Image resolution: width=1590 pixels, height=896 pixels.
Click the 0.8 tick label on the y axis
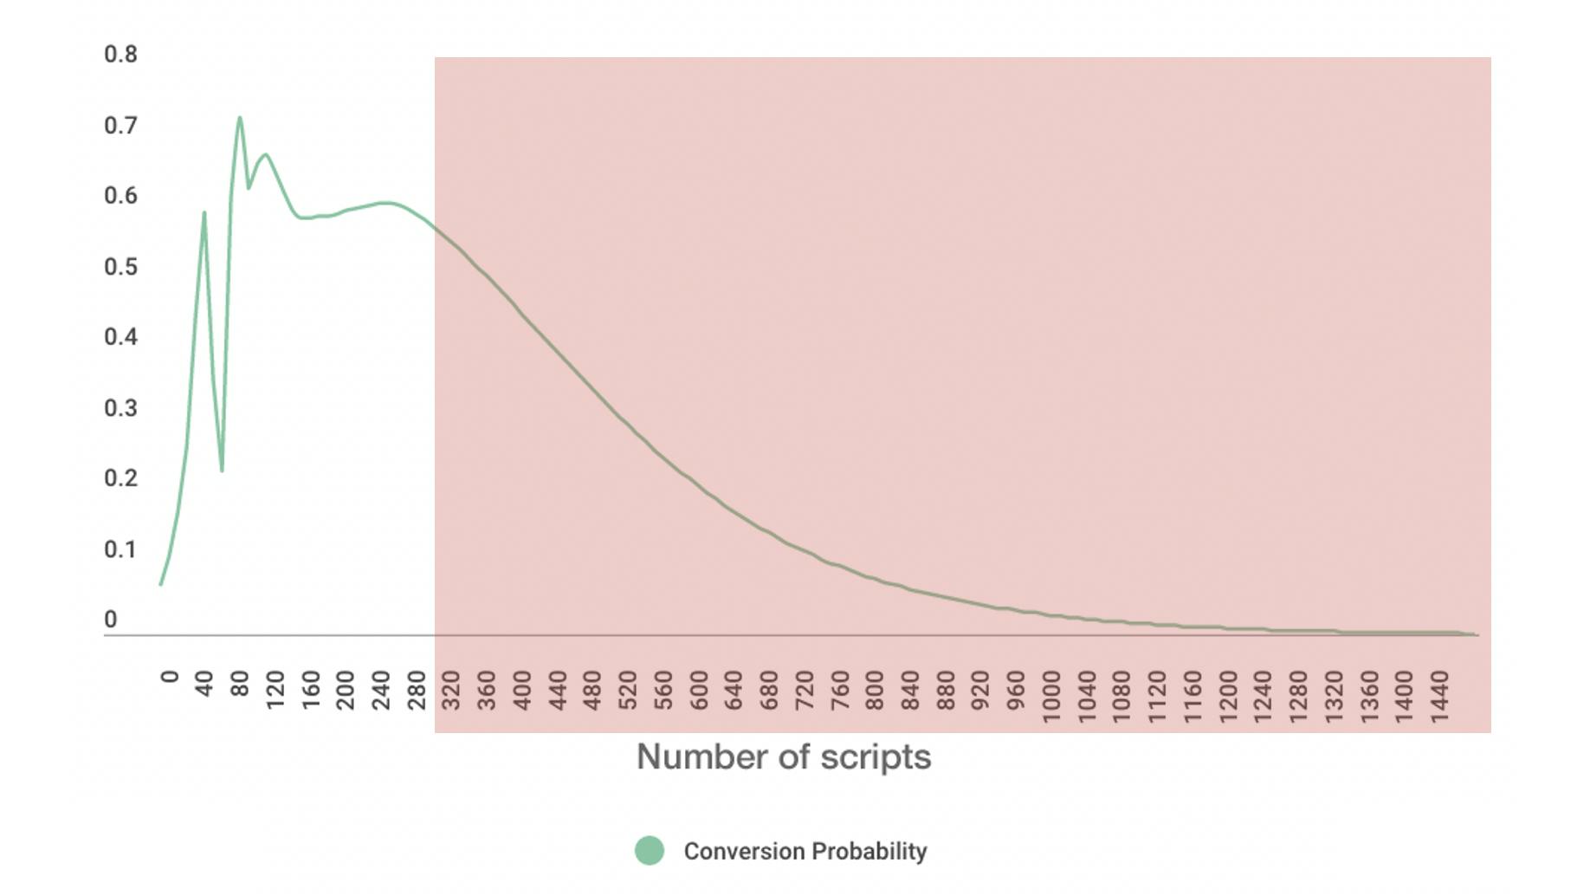click(120, 55)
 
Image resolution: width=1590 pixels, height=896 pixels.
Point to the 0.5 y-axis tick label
click(120, 267)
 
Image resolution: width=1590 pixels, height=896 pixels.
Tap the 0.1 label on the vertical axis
click(120, 549)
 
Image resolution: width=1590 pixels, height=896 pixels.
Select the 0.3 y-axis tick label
click(120, 408)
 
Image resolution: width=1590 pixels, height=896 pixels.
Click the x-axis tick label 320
click(451, 690)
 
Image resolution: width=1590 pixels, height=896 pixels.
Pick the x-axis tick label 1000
click(1051, 696)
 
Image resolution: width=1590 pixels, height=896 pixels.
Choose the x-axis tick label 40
click(204, 684)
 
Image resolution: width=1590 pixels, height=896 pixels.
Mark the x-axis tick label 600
click(699, 690)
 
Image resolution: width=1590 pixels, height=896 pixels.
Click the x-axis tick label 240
click(381, 690)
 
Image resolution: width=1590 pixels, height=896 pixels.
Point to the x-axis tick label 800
click(875, 690)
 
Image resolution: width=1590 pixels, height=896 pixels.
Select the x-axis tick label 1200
click(1228, 696)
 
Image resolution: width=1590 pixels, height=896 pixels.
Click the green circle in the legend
click(650, 851)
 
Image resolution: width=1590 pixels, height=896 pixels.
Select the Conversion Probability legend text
click(805, 851)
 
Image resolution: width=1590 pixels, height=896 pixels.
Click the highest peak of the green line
click(240, 117)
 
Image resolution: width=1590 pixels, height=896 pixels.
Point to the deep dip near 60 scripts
click(222, 471)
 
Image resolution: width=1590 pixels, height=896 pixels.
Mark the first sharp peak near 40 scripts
click(204, 212)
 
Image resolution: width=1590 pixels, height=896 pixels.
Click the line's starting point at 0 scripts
click(161, 584)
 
